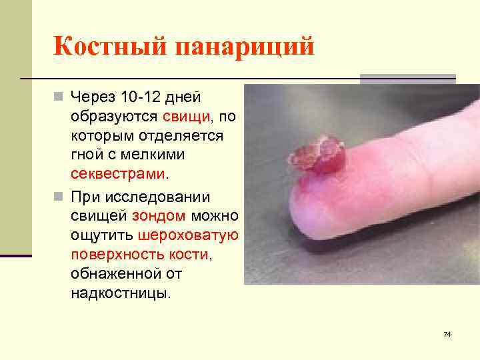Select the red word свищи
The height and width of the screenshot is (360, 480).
click(185, 116)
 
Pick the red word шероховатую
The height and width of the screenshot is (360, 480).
click(189, 235)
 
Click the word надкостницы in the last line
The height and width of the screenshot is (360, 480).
click(119, 293)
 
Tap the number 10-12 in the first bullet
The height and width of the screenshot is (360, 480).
click(137, 97)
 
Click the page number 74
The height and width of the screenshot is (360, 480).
click(447, 333)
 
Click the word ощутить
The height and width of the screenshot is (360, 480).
click(102, 235)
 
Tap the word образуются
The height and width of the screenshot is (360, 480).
click(113, 116)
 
